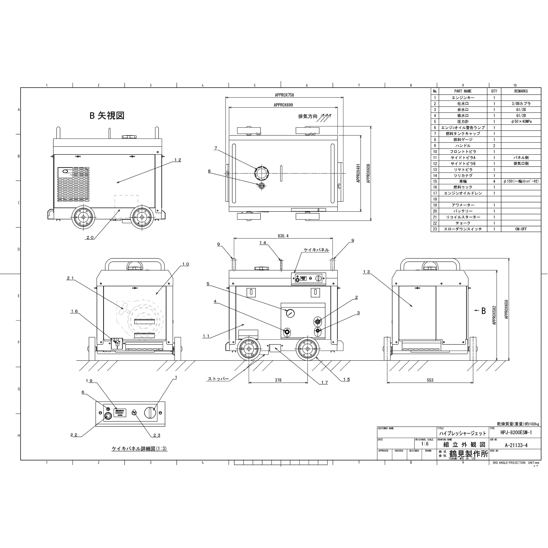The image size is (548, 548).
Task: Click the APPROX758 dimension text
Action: point(284,95)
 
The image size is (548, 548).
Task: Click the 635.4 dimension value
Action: point(283,236)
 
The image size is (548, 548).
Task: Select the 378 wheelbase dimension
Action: point(278,380)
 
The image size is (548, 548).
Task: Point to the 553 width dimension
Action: point(430,380)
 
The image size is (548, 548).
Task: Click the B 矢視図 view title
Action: point(107,115)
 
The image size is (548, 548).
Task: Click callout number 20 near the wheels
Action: point(90,238)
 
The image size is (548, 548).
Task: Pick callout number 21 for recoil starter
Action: point(70,278)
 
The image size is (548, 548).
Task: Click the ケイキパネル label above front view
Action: point(316,250)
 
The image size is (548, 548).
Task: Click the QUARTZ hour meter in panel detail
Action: point(120,412)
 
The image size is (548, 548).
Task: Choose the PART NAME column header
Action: point(463,91)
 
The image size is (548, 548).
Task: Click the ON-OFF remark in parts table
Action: point(521,229)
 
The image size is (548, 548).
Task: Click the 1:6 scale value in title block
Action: point(425,444)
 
